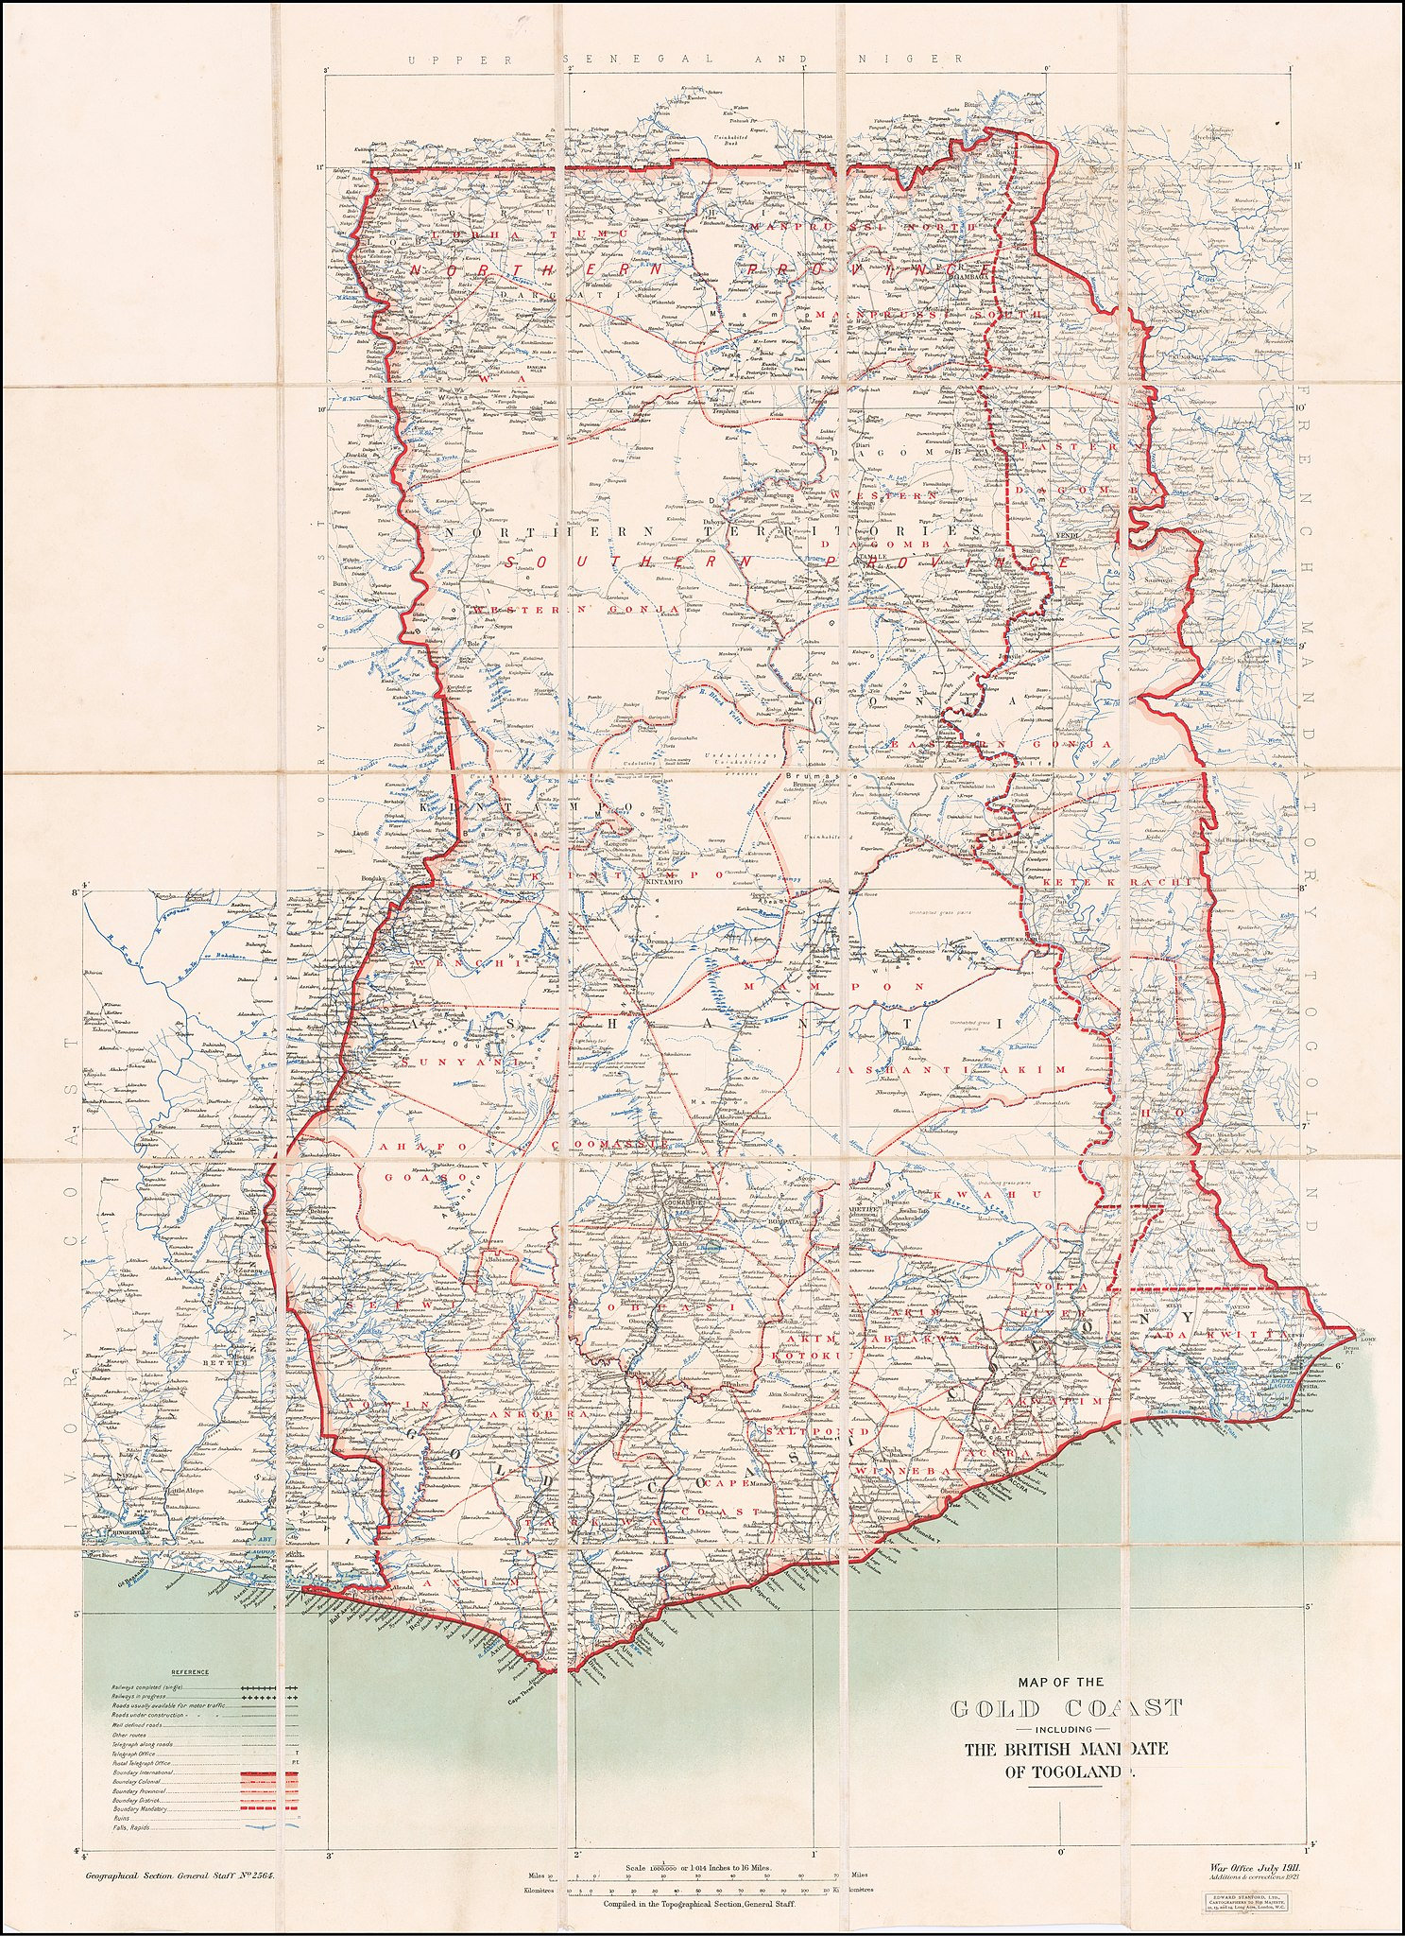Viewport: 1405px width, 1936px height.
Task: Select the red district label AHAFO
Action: (407, 1146)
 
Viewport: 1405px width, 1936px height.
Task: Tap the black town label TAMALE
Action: (874, 558)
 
